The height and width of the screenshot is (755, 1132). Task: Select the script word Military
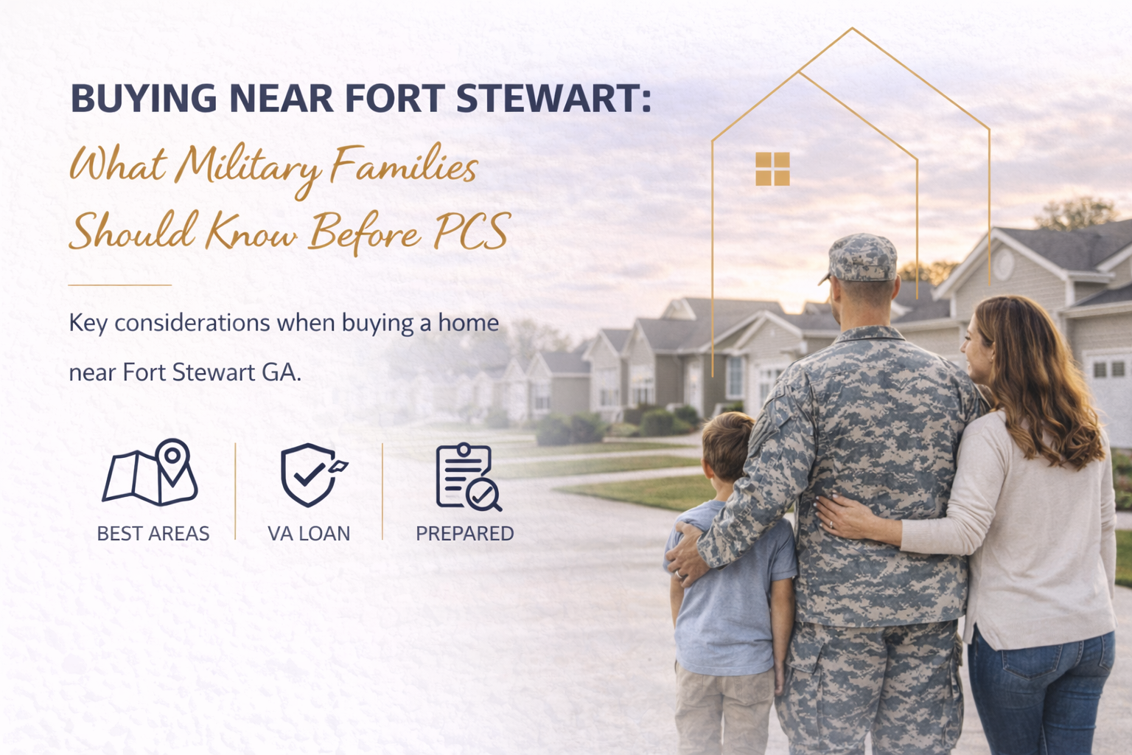[x=248, y=166]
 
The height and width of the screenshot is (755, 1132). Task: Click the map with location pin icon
[x=152, y=473]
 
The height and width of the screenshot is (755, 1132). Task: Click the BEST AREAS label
[x=153, y=533]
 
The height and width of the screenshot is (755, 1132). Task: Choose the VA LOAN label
[x=309, y=533]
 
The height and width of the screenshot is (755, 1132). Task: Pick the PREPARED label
[x=464, y=533]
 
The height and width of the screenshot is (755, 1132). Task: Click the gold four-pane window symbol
[x=772, y=169]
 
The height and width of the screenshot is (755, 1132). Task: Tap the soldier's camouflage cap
[x=862, y=258]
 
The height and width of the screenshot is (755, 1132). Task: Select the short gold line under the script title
[x=119, y=285]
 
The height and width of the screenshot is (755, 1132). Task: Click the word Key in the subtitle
[x=88, y=323]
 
